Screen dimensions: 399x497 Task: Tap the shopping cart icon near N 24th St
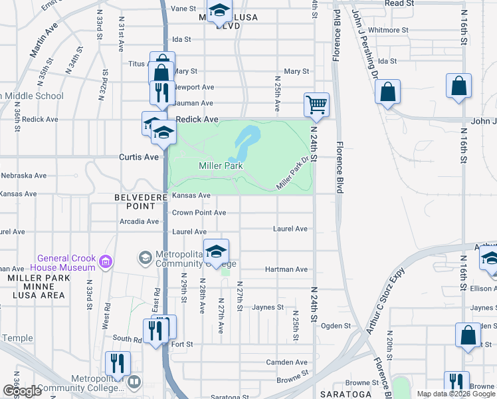coord(316,104)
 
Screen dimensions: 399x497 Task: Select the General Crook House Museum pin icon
coord(104,263)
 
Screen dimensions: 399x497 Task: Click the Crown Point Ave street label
coord(199,213)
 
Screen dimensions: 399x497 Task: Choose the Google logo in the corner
coord(22,391)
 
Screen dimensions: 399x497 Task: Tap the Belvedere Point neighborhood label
coord(140,201)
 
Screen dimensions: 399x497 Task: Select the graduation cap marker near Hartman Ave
coord(216,251)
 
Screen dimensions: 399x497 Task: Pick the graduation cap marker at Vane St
coord(219,11)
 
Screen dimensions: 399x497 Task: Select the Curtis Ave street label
coord(138,157)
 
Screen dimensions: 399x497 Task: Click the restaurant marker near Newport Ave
coord(160,93)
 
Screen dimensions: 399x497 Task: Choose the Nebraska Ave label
coord(23,176)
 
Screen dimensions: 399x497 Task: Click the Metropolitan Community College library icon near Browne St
coord(134,382)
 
